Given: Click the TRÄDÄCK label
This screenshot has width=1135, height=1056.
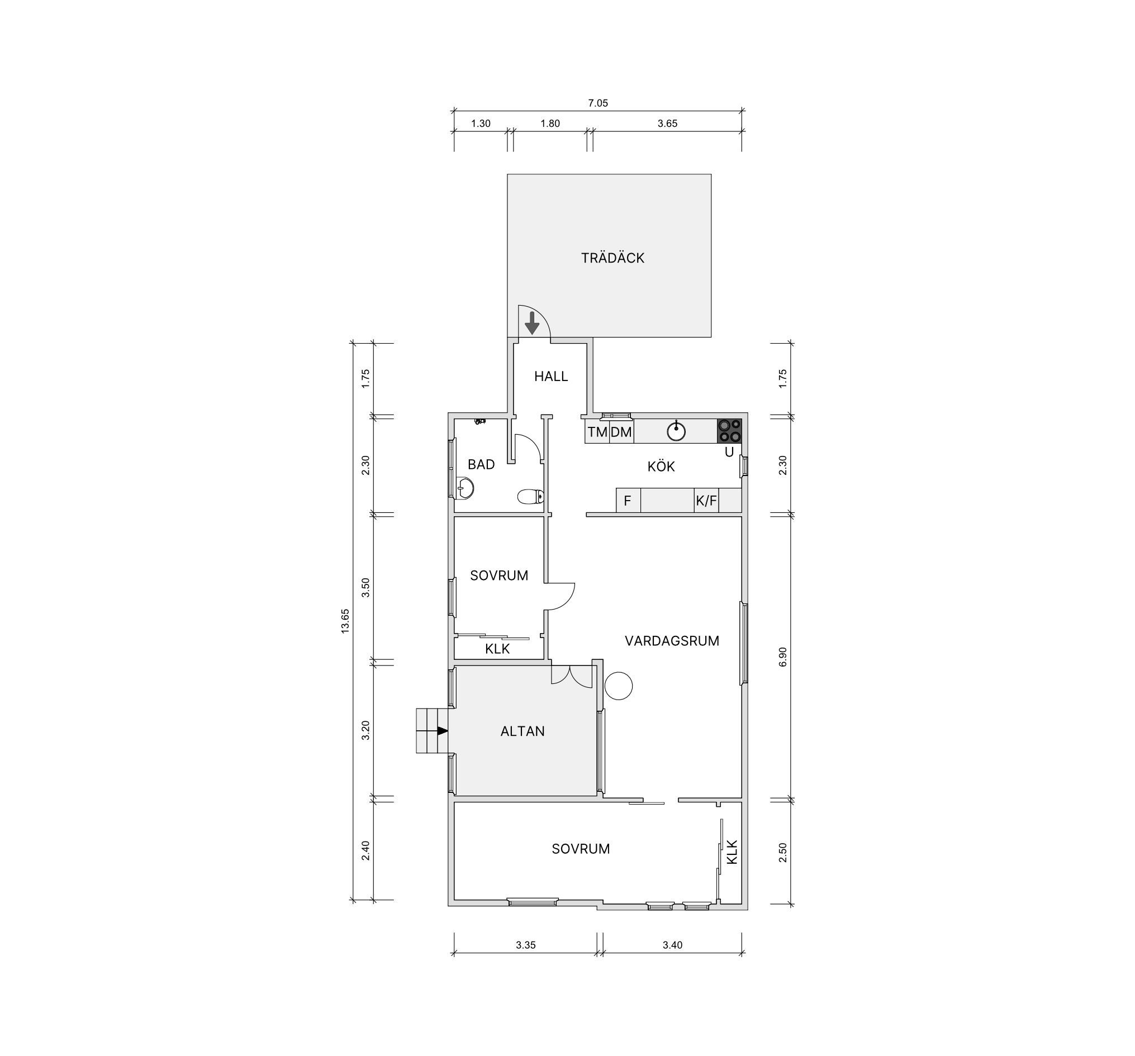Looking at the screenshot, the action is point(612,258).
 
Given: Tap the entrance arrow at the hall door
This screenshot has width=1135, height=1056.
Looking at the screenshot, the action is point(532,323).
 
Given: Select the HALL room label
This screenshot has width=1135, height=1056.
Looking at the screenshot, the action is point(551,376).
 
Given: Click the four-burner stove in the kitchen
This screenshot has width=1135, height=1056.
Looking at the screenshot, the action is point(729,431).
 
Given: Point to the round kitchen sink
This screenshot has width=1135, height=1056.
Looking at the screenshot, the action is point(676,431).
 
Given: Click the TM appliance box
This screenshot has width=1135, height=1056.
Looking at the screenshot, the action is point(597,431).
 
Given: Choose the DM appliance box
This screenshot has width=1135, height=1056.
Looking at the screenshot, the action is point(621,431).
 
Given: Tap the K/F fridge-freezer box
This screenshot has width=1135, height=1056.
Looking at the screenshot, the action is point(706,501).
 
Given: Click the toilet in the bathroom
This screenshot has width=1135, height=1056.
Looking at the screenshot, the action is point(530,497).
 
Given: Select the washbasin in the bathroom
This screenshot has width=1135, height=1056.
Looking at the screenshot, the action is point(466,488).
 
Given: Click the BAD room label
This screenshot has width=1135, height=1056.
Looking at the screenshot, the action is point(481,465).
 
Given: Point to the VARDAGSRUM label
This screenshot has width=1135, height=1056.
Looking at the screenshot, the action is point(672,641).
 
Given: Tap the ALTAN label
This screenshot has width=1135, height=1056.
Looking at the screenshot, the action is point(523,731).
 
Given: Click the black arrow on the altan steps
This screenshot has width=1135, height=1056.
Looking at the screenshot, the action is point(442,731).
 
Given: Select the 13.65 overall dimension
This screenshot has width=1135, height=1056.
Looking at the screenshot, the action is point(345,621).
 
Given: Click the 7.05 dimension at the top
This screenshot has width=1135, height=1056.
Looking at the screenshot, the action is point(598,103).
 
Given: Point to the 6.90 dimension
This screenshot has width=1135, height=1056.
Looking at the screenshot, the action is point(783,657).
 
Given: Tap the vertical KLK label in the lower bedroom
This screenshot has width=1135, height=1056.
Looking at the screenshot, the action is point(732,852).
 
